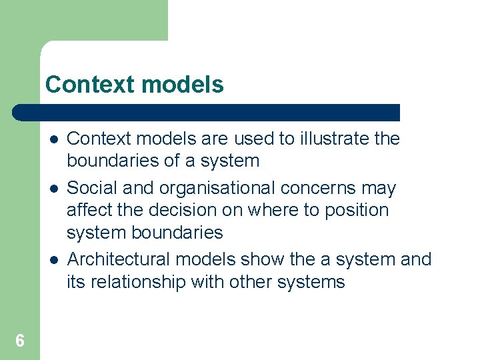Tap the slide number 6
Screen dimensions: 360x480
(20, 341)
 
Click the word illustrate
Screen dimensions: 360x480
(335, 139)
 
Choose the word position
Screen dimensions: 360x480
(357, 211)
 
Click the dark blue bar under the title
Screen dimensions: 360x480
(207, 113)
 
